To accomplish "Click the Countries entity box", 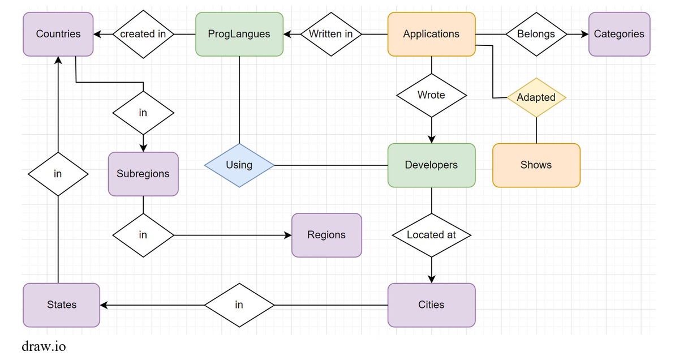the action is (58, 35).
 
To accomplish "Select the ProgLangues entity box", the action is (239, 35).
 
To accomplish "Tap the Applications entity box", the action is (432, 35).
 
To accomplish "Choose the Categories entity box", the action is (619, 35).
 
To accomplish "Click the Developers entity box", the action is (432, 165).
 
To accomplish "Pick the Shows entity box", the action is (536, 165).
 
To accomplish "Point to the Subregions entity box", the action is (143, 174).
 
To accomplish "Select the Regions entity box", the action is (327, 235).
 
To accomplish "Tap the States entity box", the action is (62, 305).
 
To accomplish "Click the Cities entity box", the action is (432, 305).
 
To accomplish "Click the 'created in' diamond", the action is (143, 35).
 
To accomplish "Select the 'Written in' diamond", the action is (332, 35).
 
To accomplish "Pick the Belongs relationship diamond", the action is (536, 35).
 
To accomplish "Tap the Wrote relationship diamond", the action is (432, 95).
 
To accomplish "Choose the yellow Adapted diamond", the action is (536, 98).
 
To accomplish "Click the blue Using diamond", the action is (239, 165).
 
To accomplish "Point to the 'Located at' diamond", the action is (432, 235).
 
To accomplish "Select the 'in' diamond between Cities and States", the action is (239, 305).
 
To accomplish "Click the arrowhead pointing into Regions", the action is (287, 235).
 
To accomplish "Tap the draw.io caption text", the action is (44, 346).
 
